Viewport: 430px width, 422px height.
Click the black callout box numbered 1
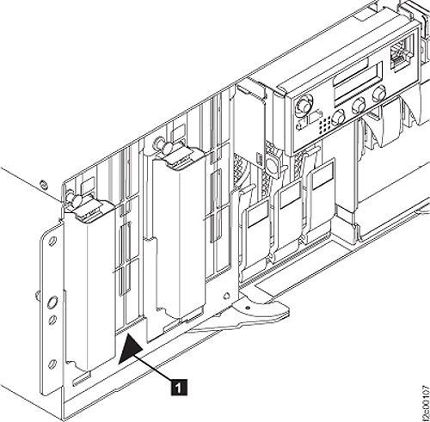(x=179, y=388)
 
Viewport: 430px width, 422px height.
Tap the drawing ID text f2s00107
(x=426, y=402)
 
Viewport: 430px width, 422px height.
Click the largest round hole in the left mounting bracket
(x=52, y=303)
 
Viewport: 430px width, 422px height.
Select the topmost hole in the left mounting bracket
(x=52, y=241)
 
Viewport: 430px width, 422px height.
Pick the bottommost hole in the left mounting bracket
(x=52, y=364)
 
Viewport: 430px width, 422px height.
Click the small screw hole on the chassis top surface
(x=44, y=183)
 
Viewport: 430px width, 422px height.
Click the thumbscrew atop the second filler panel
(x=164, y=144)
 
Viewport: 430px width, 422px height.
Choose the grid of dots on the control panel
(x=324, y=124)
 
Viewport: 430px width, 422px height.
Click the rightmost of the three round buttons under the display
(x=379, y=94)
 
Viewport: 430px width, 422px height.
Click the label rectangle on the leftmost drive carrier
(x=258, y=213)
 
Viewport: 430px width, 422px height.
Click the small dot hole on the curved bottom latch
(x=248, y=308)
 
